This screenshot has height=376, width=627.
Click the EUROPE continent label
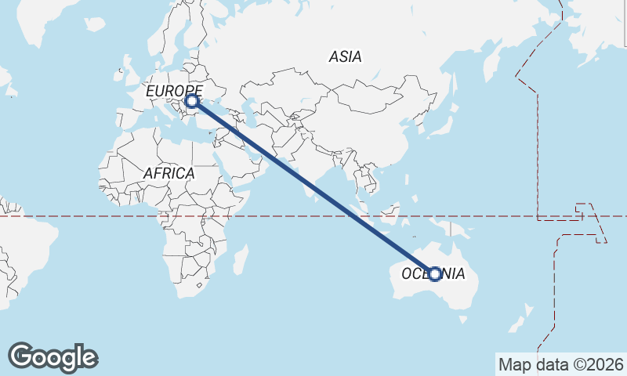click(174, 91)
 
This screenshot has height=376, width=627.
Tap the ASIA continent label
click(345, 56)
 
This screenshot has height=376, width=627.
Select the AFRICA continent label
click(169, 173)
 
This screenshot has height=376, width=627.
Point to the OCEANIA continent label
click(433, 273)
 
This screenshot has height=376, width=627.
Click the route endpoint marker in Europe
click(191, 101)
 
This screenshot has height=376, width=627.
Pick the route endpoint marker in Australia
click(435, 273)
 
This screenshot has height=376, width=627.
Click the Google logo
click(53, 357)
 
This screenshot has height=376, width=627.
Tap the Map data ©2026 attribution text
click(560, 364)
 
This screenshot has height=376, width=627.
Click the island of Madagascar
click(241, 258)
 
